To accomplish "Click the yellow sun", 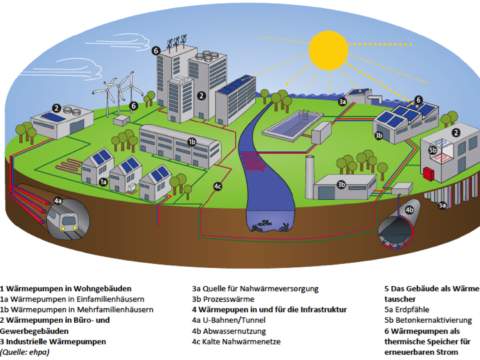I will (x=331, y=49).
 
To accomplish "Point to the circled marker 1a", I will (x=103, y=181).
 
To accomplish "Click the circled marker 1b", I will (x=191, y=141).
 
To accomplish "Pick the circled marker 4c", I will (x=218, y=186).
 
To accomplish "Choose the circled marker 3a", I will (x=343, y=101).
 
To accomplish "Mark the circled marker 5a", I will (x=442, y=206).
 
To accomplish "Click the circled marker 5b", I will (x=433, y=151).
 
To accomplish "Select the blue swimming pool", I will (x=289, y=125).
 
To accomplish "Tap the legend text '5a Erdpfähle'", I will (x=407, y=310).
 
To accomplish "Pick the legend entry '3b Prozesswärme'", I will (x=223, y=299).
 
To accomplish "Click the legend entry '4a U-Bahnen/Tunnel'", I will (x=229, y=321).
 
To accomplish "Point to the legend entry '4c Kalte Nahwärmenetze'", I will (x=237, y=342).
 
